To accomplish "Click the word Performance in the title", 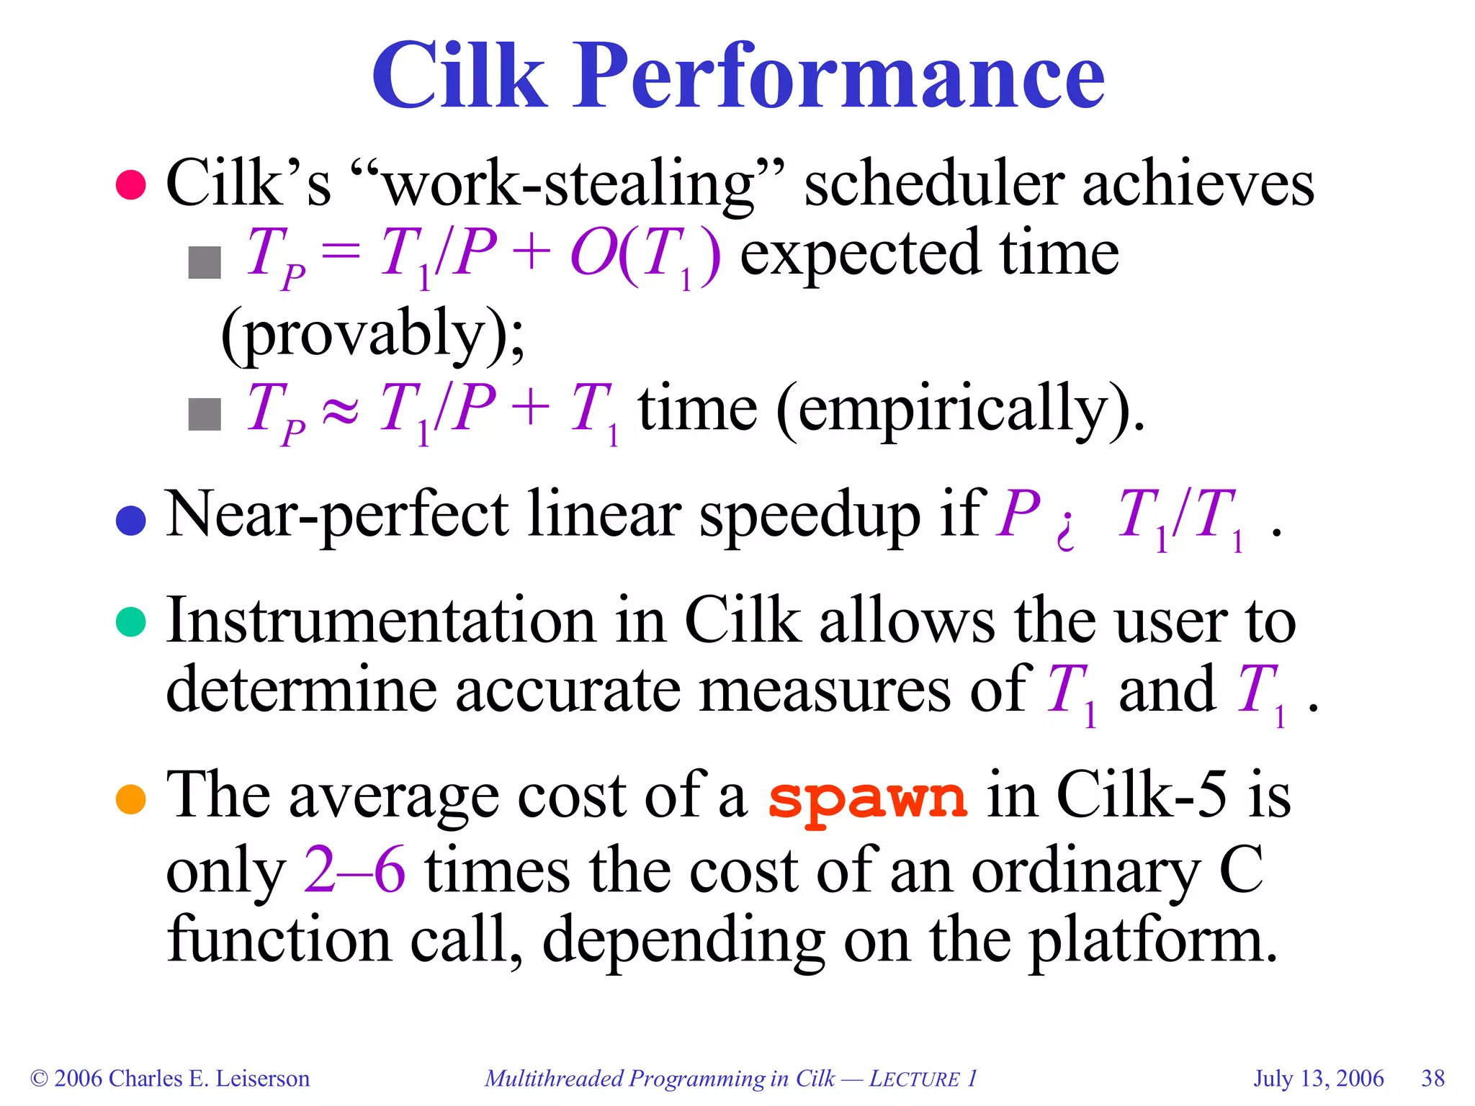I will pos(838,76).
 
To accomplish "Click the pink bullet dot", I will pos(131,184).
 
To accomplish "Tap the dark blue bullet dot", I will pos(131,520).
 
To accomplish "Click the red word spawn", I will pos(868,799).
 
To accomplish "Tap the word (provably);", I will pos(373,334).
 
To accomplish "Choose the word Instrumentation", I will pos(381,621).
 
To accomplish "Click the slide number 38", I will pos(1433,1079).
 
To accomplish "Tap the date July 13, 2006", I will pos(1319,1079).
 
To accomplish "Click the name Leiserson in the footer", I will pos(262,1079).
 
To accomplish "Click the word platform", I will pos(1152,940).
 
